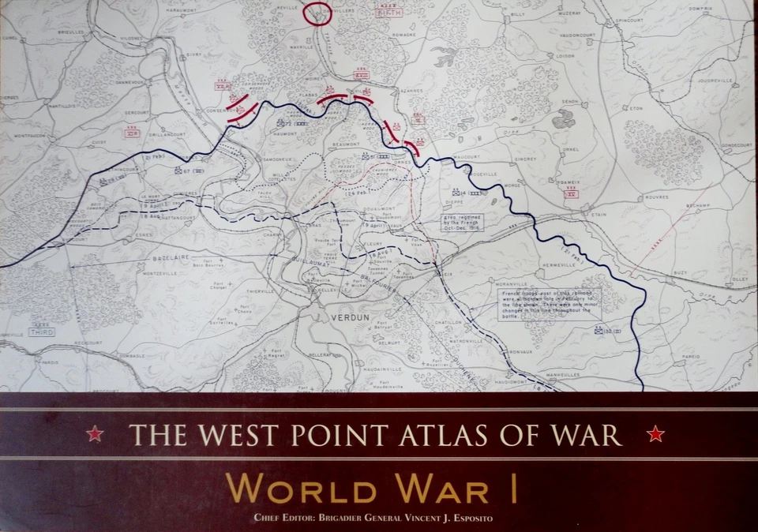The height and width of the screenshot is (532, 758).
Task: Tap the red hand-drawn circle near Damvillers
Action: pos(317,13)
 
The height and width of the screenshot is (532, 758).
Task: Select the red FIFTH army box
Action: pos(388,13)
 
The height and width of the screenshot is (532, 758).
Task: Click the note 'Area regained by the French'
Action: pos(463,221)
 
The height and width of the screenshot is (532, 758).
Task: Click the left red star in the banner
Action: pos(94,433)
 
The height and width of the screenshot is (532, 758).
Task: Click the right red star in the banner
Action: pos(655,433)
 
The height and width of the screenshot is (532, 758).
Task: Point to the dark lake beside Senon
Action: pos(564,120)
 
